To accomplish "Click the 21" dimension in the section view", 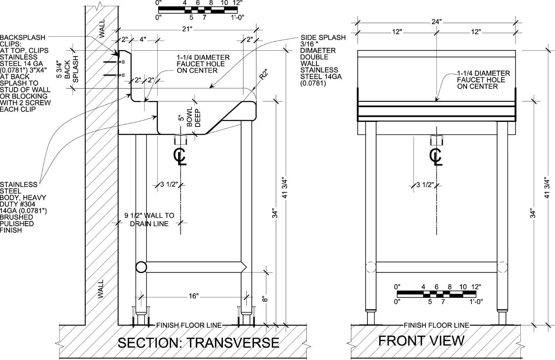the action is [x=187, y=29].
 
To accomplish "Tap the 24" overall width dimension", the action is [x=437, y=22].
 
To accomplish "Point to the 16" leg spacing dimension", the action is [x=194, y=296].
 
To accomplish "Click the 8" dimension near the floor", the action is [x=265, y=299].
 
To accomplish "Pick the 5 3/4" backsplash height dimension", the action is [x=59, y=69].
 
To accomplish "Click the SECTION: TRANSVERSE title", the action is [x=198, y=343].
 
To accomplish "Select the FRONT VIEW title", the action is [x=421, y=341].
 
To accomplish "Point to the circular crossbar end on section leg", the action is [x=141, y=267].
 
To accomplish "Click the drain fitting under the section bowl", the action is [x=180, y=140].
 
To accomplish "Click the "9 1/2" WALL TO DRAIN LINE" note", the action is [x=149, y=219].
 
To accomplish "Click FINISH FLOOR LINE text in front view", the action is [x=437, y=325].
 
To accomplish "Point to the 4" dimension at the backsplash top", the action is [x=143, y=40].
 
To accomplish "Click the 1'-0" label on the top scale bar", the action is [x=237, y=17].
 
